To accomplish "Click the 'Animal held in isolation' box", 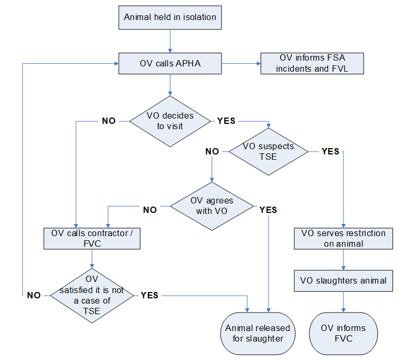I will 170,17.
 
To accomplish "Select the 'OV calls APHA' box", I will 170,64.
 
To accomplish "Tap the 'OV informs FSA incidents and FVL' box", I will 312,64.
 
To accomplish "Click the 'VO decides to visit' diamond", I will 169,121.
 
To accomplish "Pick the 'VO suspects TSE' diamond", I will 268,151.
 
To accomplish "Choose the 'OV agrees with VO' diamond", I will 212,206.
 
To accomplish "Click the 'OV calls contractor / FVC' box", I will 92,238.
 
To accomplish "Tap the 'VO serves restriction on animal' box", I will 343,238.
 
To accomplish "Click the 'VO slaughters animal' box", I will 343,280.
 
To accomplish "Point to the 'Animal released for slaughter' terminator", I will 258,333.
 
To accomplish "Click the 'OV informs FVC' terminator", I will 343,333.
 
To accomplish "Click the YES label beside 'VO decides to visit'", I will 226,121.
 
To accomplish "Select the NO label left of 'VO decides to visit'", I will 109,121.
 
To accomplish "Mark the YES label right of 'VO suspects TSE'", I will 330,151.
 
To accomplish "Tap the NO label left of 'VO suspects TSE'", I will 212,151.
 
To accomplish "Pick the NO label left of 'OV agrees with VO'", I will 150,210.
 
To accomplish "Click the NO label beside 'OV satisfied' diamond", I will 34,295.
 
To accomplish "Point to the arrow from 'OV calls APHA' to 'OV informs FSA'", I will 241,64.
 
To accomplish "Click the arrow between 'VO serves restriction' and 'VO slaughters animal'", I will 343,260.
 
